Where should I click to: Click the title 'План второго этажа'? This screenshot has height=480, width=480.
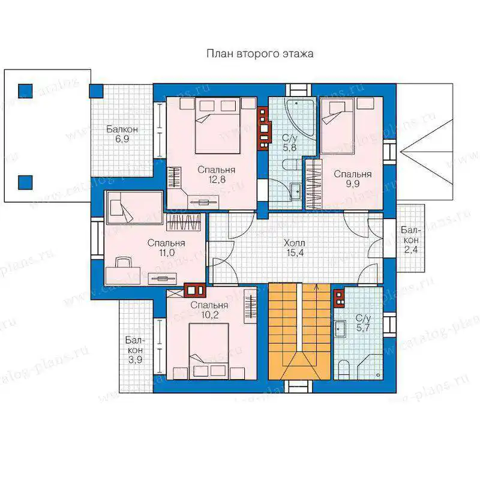click(260, 53)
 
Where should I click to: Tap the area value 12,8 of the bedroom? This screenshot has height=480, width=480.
click(217, 179)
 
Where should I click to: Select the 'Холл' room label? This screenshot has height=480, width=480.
click(294, 243)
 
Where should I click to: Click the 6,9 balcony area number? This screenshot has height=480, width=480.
click(122, 139)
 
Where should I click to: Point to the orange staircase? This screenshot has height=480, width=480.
click(299, 332)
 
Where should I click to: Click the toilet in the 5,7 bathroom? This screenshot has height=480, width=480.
click(344, 369)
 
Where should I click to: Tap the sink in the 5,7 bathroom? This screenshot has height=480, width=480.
click(340, 329)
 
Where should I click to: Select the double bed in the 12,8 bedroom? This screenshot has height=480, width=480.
click(217, 125)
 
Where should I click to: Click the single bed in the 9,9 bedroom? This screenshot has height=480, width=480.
click(337, 125)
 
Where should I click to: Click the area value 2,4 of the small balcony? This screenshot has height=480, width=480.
click(410, 250)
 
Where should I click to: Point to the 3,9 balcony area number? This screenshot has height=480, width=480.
click(135, 359)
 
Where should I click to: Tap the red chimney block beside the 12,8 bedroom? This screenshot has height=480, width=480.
click(264, 128)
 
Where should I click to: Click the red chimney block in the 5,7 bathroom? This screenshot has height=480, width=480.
click(339, 298)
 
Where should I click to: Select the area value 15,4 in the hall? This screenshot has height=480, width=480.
click(295, 253)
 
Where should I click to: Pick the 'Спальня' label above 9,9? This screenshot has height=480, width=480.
click(353, 174)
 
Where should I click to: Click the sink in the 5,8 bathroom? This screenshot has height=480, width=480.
click(296, 191)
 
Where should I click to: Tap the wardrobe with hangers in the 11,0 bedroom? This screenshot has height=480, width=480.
click(184, 222)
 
